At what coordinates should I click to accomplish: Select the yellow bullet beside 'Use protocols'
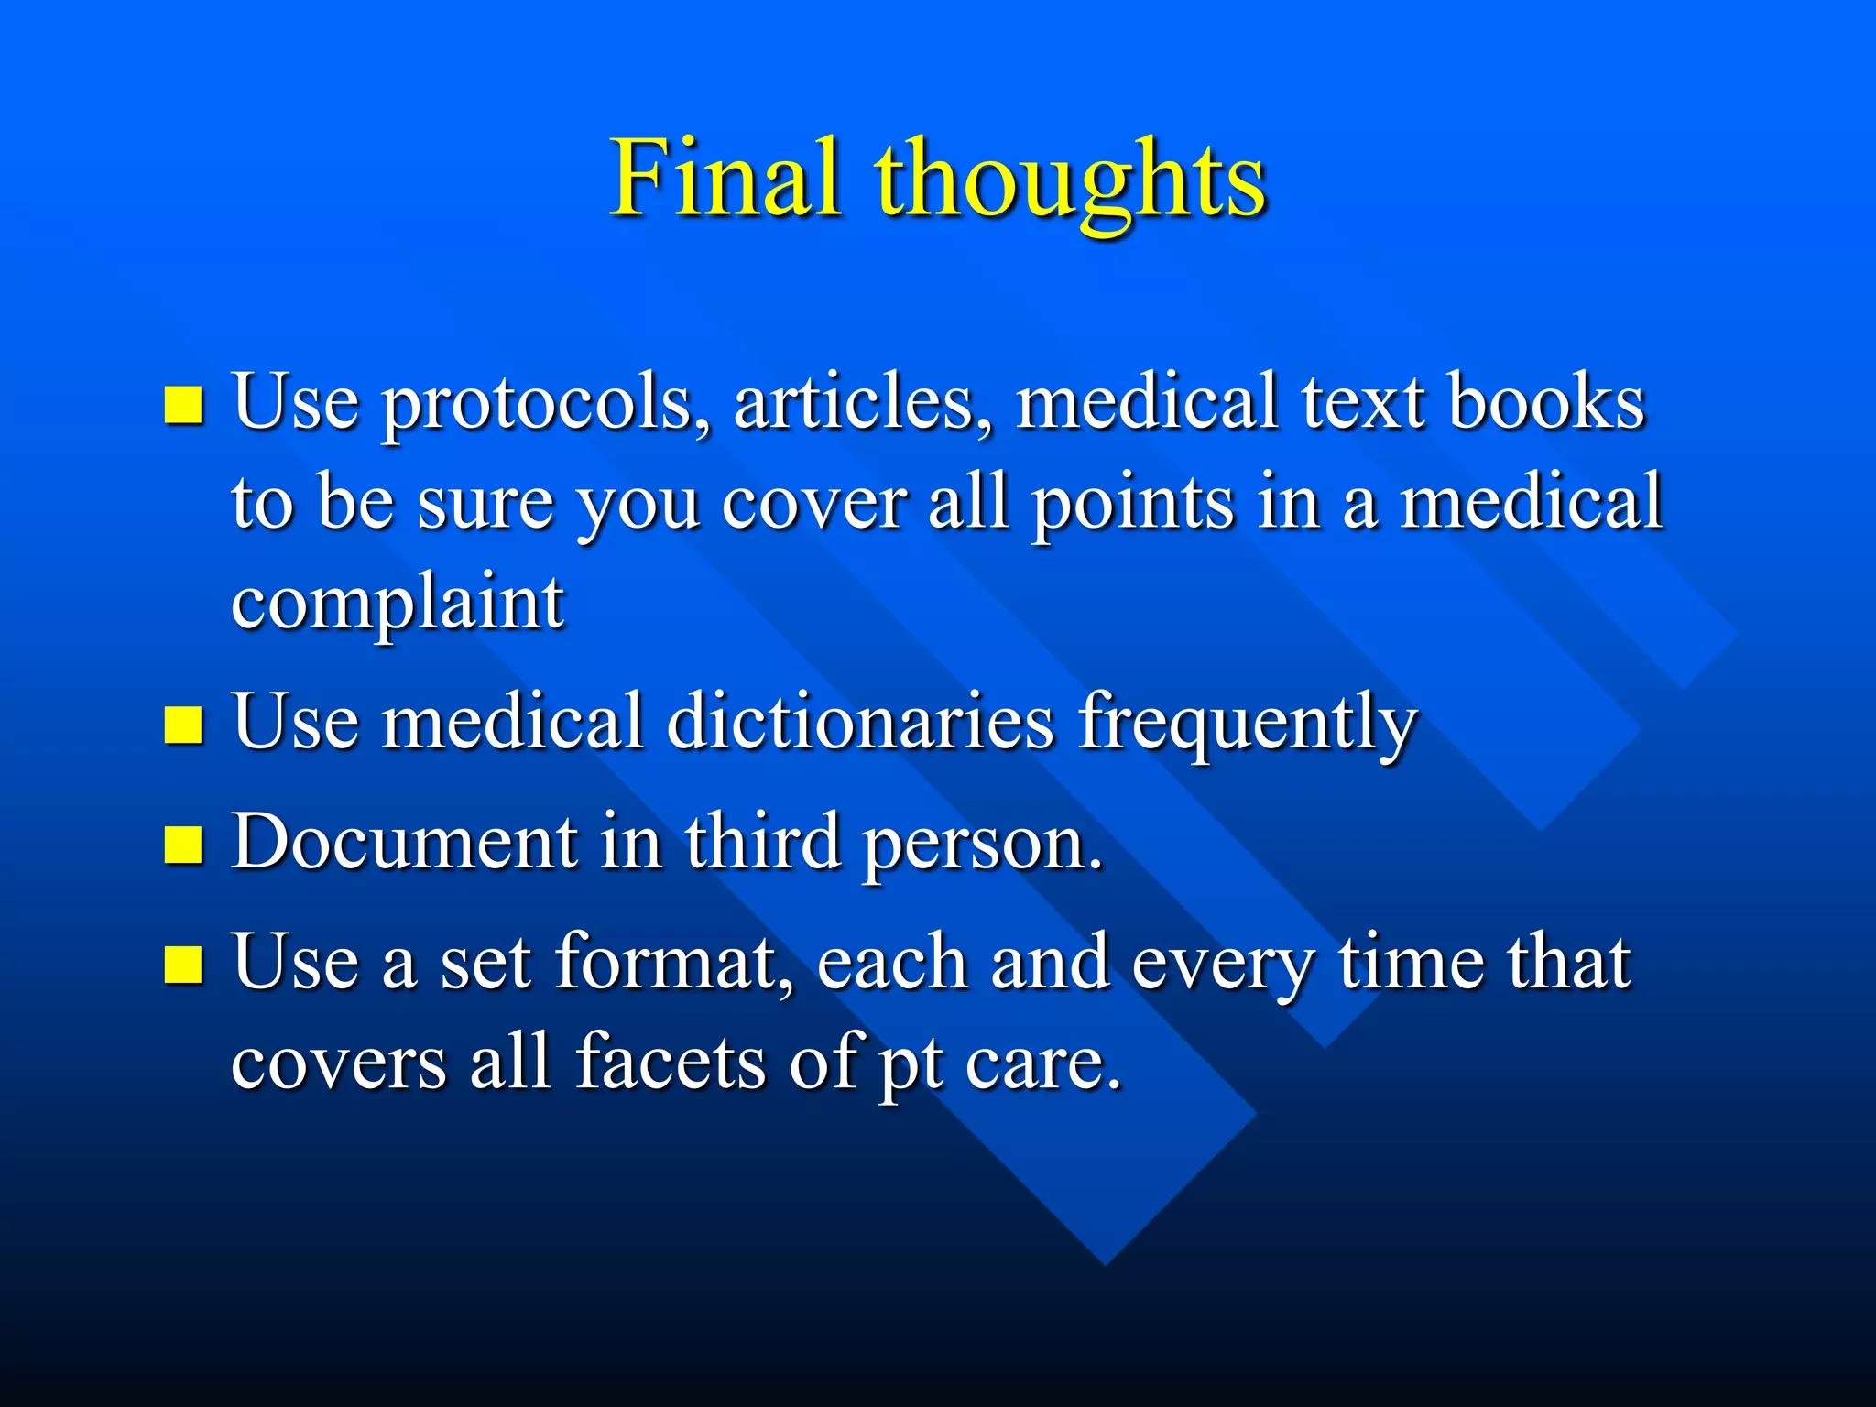coord(183,405)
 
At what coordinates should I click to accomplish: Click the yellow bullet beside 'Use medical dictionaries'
coord(183,725)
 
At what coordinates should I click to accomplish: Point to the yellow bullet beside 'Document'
coord(183,845)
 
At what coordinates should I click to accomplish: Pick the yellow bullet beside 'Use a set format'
coord(183,964)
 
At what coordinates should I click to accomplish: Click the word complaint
coord(398,605)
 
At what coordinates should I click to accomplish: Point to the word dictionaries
coord(860,722)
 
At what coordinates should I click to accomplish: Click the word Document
coord(404,842)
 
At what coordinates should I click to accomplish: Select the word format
coord(674,962)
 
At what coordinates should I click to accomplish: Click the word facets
coord(670,1062)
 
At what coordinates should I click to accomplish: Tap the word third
coord(762,842)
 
